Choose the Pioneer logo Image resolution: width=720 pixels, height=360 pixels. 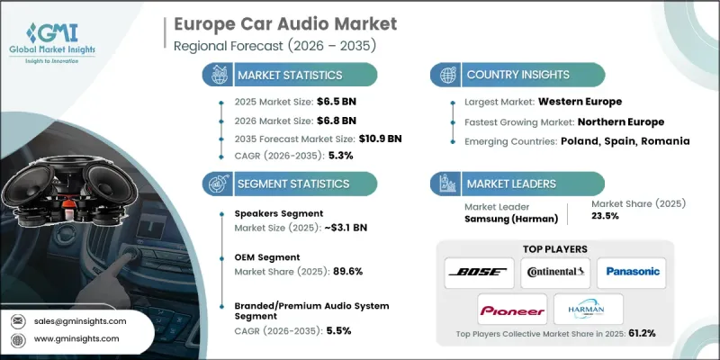click(510, 310)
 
